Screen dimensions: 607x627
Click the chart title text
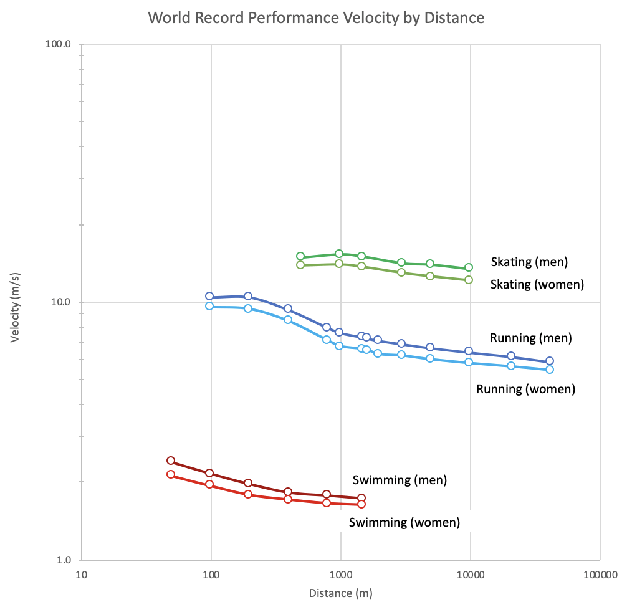pyautogui.click(x=316, y=17)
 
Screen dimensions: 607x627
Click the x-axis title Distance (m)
pyautogui.click(x=340, y=593)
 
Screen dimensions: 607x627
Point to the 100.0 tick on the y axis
pyautogui.click(x=59, y=44)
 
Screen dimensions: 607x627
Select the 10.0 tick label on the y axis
pyautogui.click(x=62, y=302)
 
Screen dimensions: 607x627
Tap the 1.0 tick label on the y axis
pyautogui.click(x=64, y=560)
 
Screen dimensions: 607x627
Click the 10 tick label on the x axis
pyautogui.click(x=81, y=575)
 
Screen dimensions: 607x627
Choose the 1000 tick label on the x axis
pyautogui.click(x=340, y=575)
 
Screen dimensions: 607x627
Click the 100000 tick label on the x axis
pyautogui.click(x=600, y=575)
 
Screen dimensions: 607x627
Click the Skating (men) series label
pyautogui.click(x=529, y=262)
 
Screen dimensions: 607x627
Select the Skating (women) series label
pyautogui.click(x=537, y=284)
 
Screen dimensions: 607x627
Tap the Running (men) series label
pyautogui.click(x=531, y=338)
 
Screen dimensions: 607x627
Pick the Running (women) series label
pyautogui.click(x=525, y=389)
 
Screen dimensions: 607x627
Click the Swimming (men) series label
pyautogui.click(x=400, y=480)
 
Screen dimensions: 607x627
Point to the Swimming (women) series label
pyautogui.click(x=404, y=522)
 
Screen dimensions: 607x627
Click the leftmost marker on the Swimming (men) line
pyautogui.click(x=171, y=461)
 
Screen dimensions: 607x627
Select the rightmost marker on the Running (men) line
pyautogui.click(x=550, y=361)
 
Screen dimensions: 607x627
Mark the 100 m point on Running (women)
pyautogui.click(x=210, y=306)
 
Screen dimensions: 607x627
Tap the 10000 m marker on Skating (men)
pyautogui.click(x=469, y=267)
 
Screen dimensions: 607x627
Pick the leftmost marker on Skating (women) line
pyautogui.click(x=300, y=265)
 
